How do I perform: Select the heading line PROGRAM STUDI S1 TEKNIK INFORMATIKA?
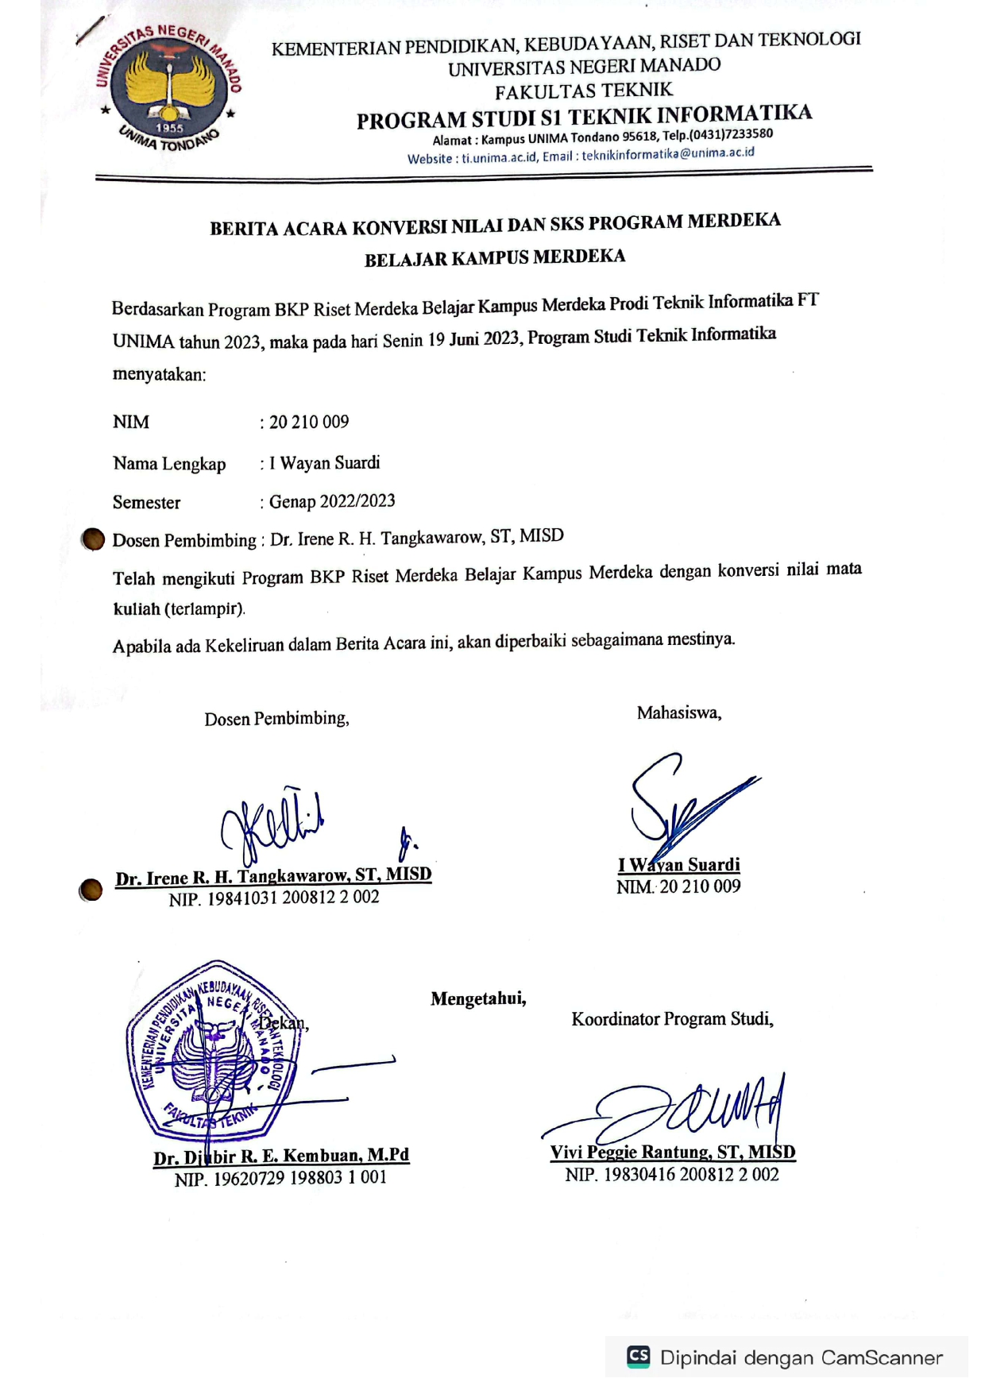(x=584, y=117)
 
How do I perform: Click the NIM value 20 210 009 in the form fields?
(x=309, y=422)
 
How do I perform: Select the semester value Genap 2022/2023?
(x=332, y=501)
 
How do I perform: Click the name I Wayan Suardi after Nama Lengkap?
(x=324, y=463)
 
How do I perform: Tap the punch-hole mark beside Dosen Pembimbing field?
(x=93, y=539)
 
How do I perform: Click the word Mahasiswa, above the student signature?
(x=679, y=712)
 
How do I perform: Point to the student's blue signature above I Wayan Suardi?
(x=683, y=802)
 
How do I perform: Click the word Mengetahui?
(x=478, y=998)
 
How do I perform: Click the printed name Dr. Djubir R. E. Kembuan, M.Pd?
(x=281, y=1156)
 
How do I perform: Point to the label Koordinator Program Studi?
(x=672, y=1019)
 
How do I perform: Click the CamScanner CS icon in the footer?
(x=639, y=1356)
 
